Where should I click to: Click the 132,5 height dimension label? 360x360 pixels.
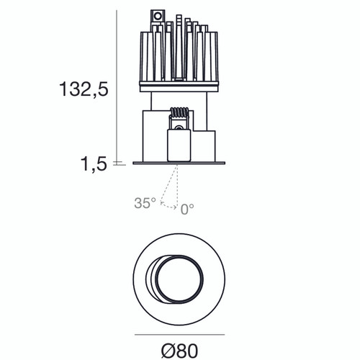tap(83, 90)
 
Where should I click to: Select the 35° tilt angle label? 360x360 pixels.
tap(144, 204)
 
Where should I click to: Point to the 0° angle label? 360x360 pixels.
tap(187, 209)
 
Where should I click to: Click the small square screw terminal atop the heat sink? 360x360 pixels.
tap(156, 14)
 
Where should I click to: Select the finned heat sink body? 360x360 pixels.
tap(177, 54)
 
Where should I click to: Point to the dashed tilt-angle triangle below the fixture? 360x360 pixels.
tap(171, 189)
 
